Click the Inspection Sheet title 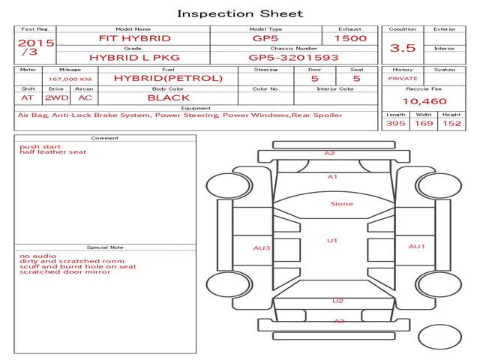(x=240, y=13)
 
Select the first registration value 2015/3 (x=36, y=47)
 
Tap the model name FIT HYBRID (x=135, y=38)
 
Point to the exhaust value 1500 (x=350, y=38)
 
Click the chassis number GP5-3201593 (x=293, y=58)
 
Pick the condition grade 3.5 (x=403, y=48)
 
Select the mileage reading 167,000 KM (x=70, y=79)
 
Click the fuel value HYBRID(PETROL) (x=168, y=78)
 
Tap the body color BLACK (x=169, y=98)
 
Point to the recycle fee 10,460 (x=424, y=101)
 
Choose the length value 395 (x=395, y=123)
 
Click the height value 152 (x=451, y=123)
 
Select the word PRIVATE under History (x=403, y=79)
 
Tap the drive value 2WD (x=57, y=98)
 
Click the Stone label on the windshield (x=342, y=204)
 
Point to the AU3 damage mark (x=262, y=248)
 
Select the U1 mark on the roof (x=332, y=241)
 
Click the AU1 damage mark (x=417, y=247)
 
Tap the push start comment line (x=40, y=147)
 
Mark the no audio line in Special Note (x=38, y=256)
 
